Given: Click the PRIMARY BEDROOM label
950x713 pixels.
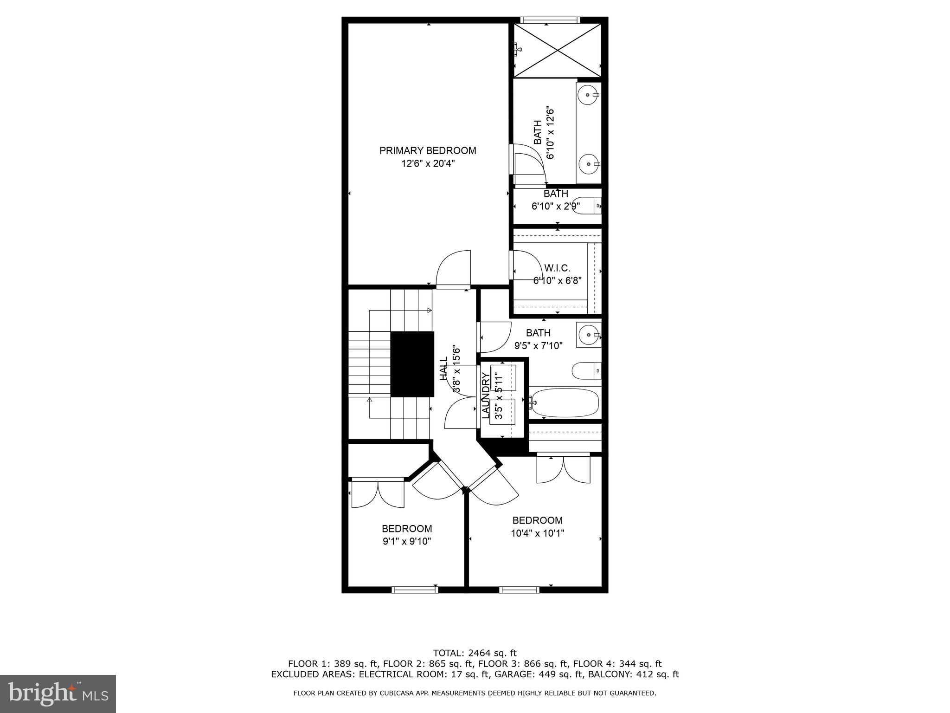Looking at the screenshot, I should pos(427,150).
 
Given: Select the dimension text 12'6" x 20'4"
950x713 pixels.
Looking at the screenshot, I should pos(427,163).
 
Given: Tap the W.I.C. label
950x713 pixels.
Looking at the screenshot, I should pos(557,268).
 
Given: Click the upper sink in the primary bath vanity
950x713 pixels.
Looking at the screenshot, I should pos(589,95).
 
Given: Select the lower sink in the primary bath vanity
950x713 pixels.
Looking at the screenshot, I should pos(589,164).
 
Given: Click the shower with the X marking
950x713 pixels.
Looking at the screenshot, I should pos(557,50).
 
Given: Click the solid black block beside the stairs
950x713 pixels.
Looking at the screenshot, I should pos(412,364).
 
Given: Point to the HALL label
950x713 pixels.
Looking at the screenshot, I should pos(444,369).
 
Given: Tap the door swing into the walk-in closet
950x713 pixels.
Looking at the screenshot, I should pos(526,266).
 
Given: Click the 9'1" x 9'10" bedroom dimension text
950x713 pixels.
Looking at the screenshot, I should pos(407,541).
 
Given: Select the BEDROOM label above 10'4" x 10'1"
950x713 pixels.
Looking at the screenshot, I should pos(537,520).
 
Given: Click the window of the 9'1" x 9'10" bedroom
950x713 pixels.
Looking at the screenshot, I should pos(415,590).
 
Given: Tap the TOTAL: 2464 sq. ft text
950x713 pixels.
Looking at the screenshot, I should pos(475,653).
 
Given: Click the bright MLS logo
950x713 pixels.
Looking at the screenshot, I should pos(58,694).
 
